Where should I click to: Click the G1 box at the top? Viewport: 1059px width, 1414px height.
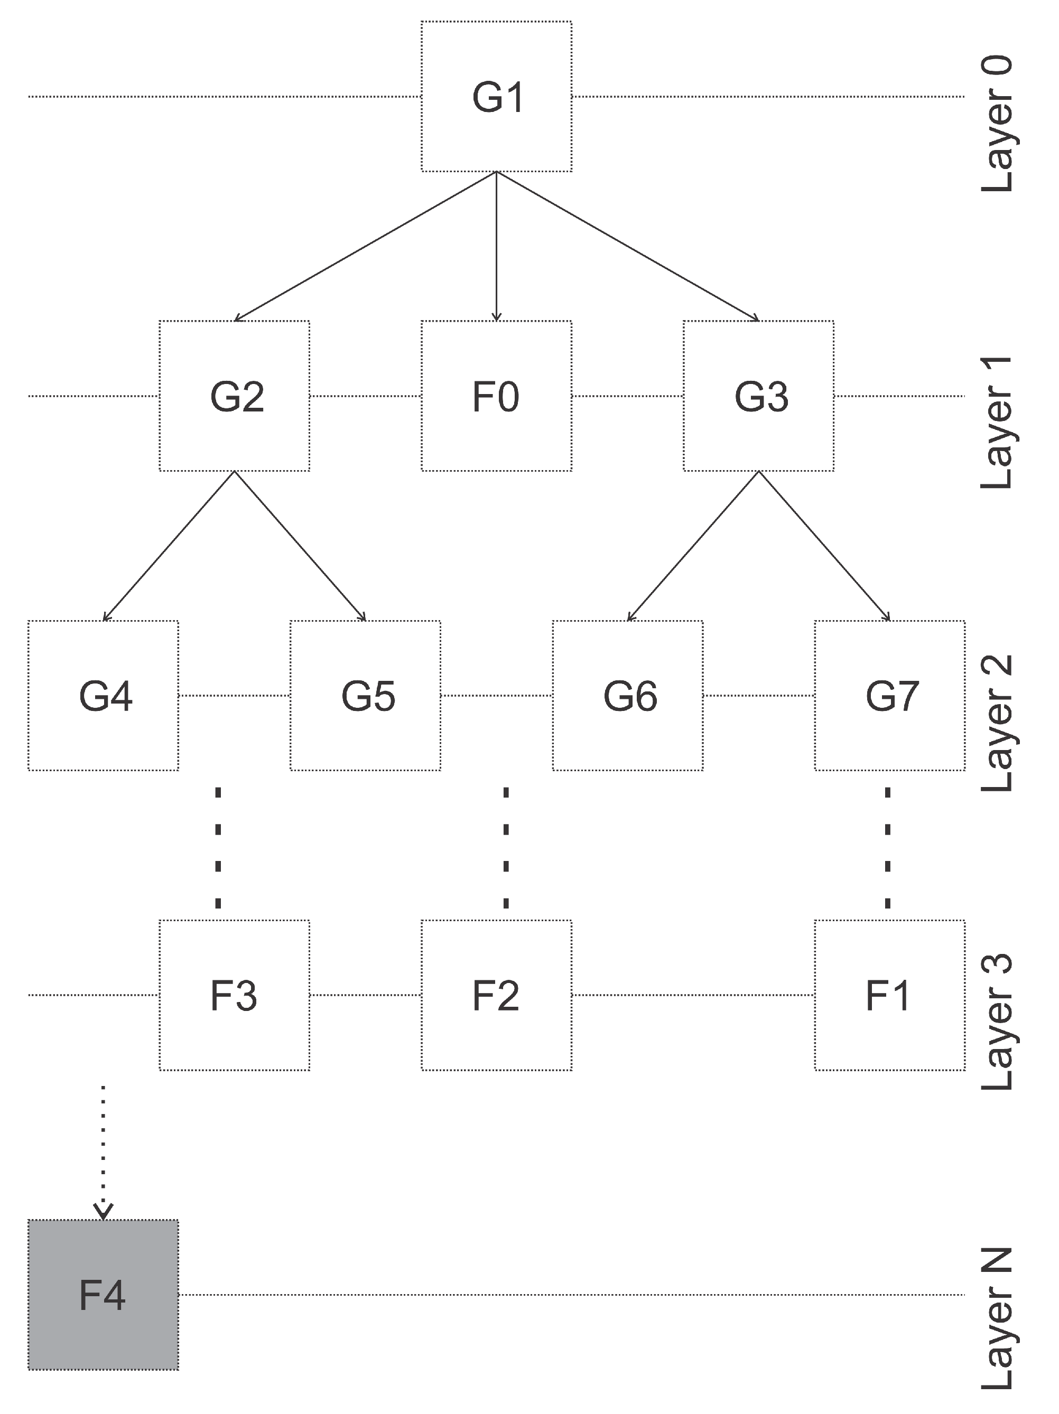click(x=496, y=97)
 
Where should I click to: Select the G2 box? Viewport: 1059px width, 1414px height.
click(x=234, y=396)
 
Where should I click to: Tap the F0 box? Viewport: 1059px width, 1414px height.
click(x=496, y=396)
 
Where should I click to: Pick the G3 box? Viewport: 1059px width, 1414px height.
click(x=758, y=396)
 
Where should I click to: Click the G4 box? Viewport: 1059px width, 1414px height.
click(x=103, y=696)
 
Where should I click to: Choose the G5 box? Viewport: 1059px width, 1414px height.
click(x=365, y=696)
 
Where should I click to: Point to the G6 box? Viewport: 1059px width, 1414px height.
click(x=627, y=696)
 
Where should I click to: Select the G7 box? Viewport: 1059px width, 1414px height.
click(x=889, y=696)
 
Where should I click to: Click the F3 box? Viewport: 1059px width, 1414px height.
click(x=234, y=995)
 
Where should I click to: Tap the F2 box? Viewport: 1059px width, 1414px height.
click(x=496, y=995)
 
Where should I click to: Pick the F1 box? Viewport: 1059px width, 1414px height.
click(x=889, y=995)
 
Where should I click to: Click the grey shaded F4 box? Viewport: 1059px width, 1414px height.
click(x=103, y=1295)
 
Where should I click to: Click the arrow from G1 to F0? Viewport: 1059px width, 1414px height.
click(x=496, y=246)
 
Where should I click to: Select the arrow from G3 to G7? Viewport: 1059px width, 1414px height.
click(x=824, y=546)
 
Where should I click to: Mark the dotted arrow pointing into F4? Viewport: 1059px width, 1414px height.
click(x=103, y=1150)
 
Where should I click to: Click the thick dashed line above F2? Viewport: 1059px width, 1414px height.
click(x=506, y=847)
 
